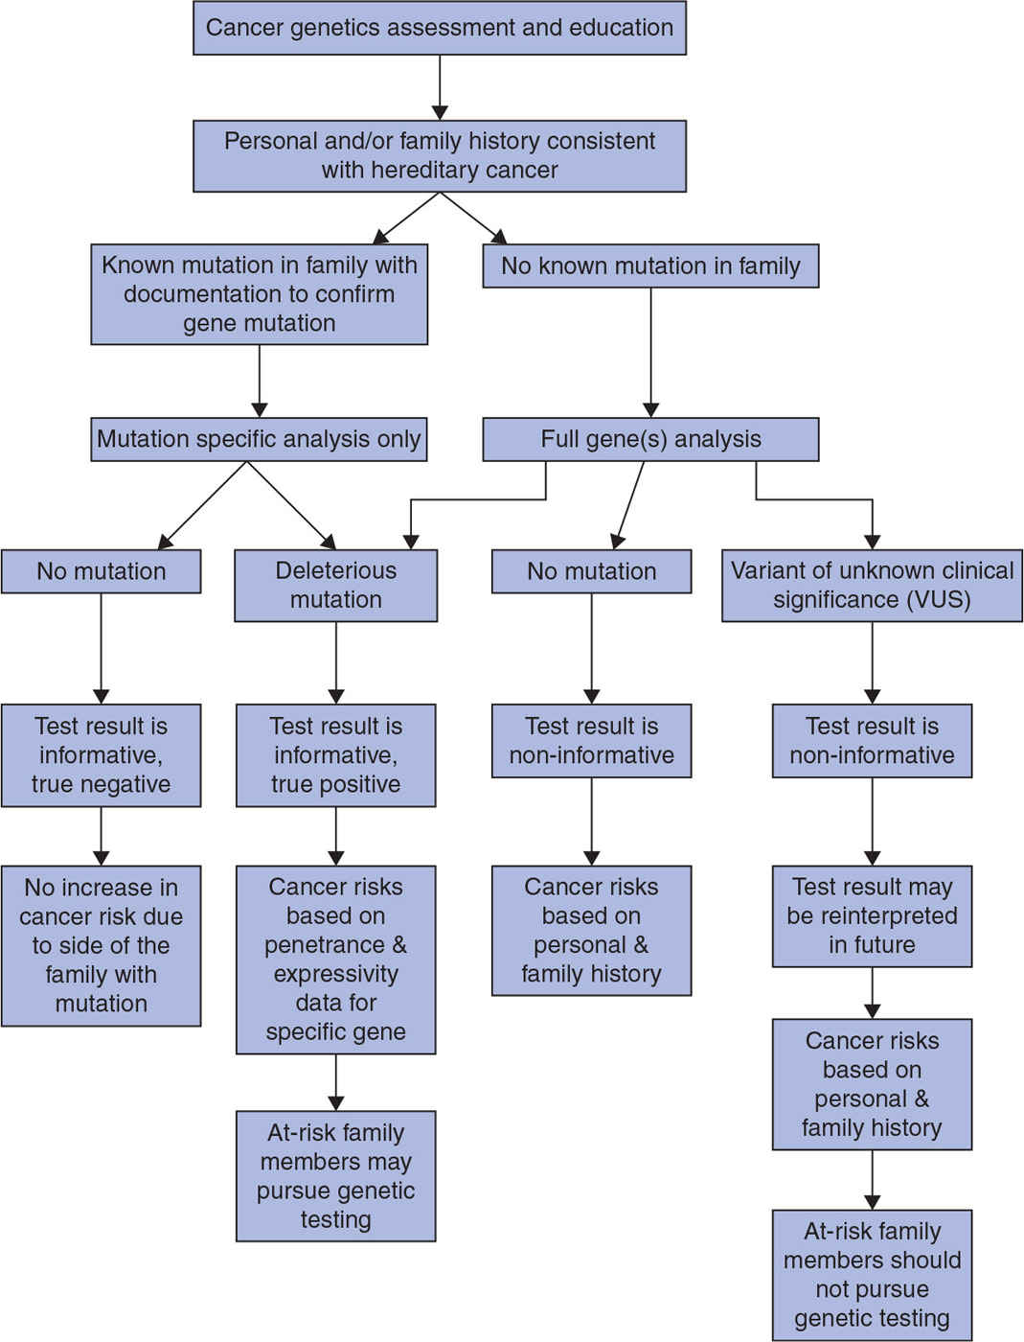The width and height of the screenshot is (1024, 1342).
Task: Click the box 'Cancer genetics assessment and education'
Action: [440, 28]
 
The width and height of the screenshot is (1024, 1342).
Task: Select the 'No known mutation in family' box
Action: [650, 266]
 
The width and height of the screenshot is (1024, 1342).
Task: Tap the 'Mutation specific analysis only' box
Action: [259, 439]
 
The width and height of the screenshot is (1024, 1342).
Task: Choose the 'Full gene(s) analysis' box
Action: [650, 439]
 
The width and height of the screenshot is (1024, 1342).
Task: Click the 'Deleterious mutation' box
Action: [335, 585]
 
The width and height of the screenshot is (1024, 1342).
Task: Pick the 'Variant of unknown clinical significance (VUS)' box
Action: [872, 585]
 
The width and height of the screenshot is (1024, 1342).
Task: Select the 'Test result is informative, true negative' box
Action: [101, 755]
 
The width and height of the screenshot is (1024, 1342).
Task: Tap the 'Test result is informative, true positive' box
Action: [335, 755]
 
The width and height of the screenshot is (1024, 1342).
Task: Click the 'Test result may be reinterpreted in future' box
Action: [872, 915]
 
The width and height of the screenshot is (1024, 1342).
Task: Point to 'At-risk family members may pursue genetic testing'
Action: [335, 1176]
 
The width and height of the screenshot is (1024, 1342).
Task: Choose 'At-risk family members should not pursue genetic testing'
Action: [872, 1275]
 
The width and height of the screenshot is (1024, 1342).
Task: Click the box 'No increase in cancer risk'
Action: [101, 945]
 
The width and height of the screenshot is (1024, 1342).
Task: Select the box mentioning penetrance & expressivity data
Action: [335, 960]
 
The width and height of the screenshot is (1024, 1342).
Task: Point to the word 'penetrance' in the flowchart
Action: [324, 945]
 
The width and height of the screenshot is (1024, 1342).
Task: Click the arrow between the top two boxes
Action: [440, 88]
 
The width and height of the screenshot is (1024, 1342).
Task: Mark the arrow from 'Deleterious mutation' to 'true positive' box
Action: [335, 663]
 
